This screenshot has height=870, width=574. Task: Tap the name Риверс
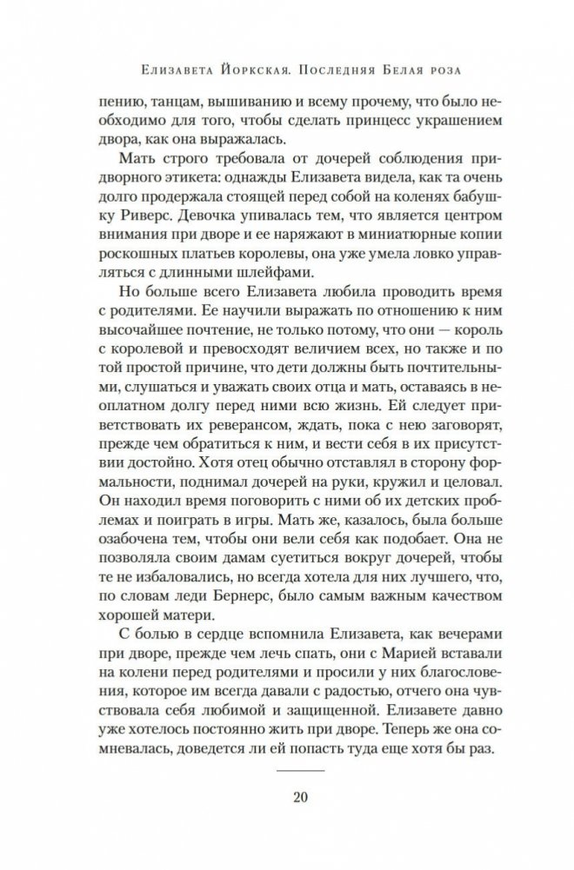[x=130, y=236]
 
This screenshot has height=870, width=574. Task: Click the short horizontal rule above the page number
[x=286, y=769]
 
